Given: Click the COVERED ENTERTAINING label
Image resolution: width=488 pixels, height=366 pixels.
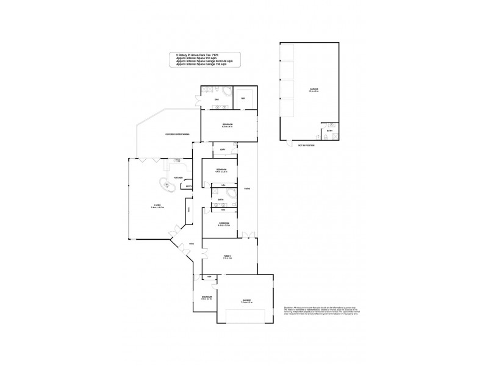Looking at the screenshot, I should [x=177, y=134].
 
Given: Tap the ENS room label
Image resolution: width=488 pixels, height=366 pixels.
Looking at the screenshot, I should [x=216, y=99].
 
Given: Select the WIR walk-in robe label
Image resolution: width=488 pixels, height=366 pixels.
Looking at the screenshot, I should [x=243, y=98].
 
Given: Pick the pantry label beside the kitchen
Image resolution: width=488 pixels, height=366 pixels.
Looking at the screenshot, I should [x=190, y=186].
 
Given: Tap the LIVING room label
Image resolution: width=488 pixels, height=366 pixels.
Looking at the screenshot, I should [x=159, y=207].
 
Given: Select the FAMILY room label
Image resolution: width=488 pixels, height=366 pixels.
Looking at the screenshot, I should [x=227, y=257].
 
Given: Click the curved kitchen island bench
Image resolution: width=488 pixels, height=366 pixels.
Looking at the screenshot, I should [x=167, y=185].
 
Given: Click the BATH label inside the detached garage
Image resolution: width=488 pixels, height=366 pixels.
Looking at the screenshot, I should [x=330, y=130].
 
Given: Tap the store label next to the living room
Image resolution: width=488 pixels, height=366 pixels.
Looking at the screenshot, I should [x=190, y=209].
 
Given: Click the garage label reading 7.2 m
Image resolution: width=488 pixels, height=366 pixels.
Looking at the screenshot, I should [x=247, y=301].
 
